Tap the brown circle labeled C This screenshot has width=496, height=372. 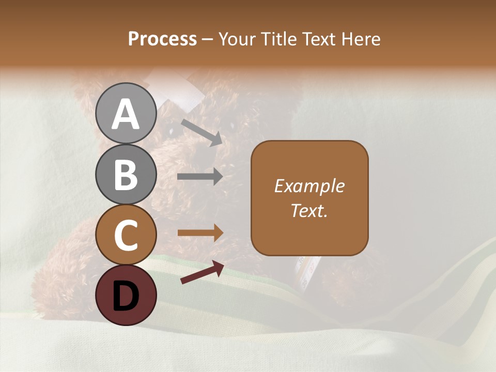126,235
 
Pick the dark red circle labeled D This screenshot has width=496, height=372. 126,295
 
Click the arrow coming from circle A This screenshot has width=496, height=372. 201,131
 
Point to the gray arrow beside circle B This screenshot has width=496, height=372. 200,177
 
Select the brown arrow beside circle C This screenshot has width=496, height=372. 200,233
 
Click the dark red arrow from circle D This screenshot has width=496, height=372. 202,273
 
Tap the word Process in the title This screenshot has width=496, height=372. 162,39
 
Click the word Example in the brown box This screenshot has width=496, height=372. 309,186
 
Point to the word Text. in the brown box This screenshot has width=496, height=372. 309,210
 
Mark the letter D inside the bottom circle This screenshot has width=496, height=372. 126,296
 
